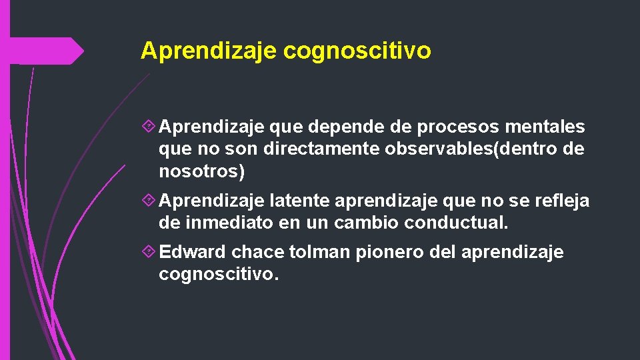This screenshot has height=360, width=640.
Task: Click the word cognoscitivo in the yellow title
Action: [x=357, y=51]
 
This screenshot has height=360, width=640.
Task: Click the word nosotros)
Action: [x=202, y=172]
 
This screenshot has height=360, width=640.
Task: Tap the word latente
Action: [x=297, y=201]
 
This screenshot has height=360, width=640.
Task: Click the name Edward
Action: [x=193, y=253]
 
